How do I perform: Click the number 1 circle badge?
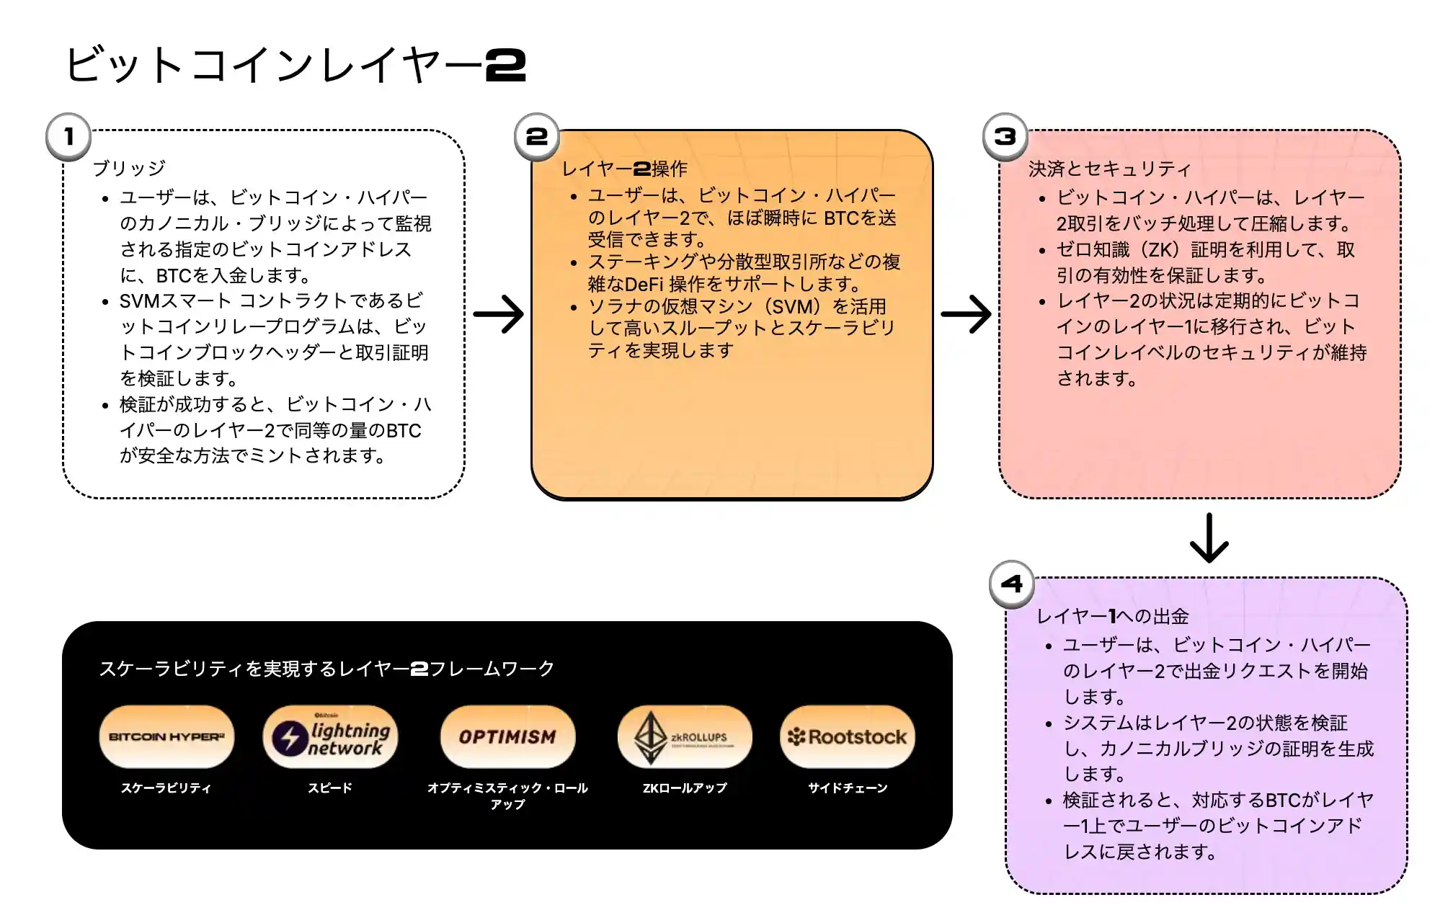(x=68, y=136)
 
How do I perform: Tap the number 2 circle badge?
(x=537, y=136)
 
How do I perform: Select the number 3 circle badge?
(x=1005, y=136)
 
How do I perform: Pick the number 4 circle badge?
(x=1012, y=584)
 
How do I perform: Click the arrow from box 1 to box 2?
(x=499, y=314)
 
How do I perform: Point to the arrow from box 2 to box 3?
(x=967, y=314)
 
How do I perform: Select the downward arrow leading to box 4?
(x=1209, y=538)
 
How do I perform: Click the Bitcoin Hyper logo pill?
(x=166, y=736)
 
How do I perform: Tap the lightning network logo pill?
(x=330, y=736)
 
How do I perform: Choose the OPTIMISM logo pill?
(x=507, y=736)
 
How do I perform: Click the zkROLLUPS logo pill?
(x=685, y=736)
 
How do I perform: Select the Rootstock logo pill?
(x=848, y=736)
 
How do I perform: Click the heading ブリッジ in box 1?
(x=129, y=168)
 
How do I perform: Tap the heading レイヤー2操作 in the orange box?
(x=624, y=169)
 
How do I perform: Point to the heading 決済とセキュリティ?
(x=1109, y=169)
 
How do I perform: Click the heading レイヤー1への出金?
(x=1112, y=616)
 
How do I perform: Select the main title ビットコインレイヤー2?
(x=296, y=65)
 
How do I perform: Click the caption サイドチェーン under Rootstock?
(x=848, y=788)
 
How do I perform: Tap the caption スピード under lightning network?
(x=330, y=788)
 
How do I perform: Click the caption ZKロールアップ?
(x=685, y=788)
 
